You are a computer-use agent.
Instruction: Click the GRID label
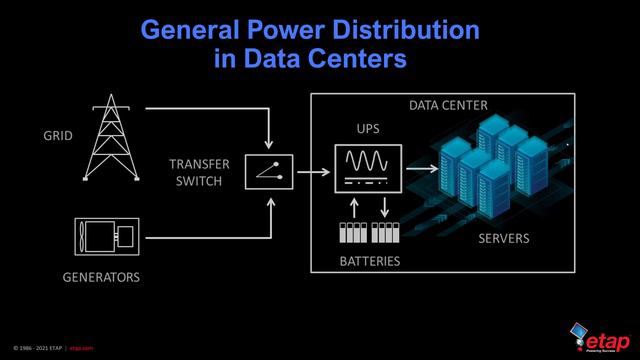click(58, 136)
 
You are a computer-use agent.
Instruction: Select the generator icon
click(111, 237)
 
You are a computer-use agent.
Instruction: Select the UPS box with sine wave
click(368, 168)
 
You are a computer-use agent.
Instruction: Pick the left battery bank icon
click(353, 235)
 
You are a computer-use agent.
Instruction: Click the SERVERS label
click(503, 239)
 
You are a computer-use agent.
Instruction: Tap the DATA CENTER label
click(448, 105)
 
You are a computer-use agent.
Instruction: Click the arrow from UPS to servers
click(421, 168)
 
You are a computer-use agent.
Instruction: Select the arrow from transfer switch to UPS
click(314, 171)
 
